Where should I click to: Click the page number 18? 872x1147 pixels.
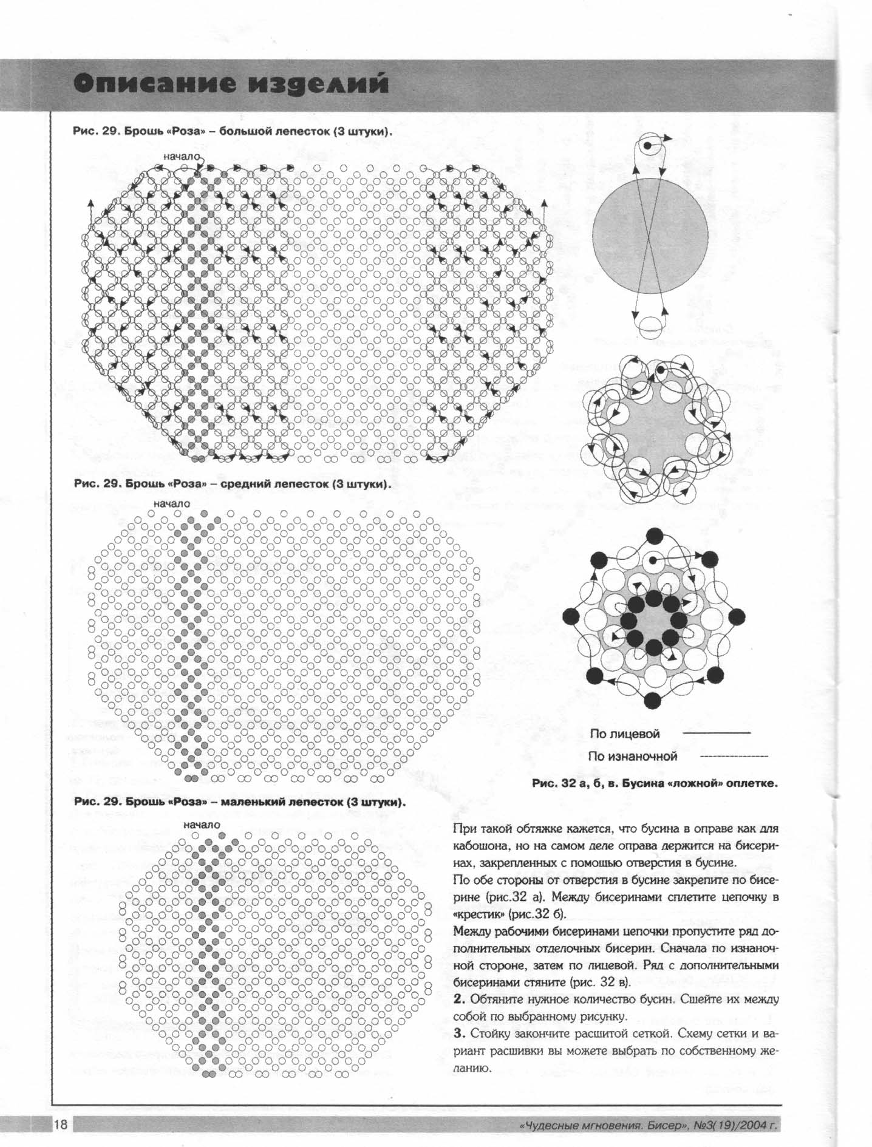click(x=61, y=1124)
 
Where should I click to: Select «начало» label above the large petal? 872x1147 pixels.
click(x=181, y=156)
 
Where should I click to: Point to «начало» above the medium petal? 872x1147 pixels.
click(x=171, y=503)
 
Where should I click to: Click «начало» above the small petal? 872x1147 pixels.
click(x=202, y=825)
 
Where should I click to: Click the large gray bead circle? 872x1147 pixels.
click(x=650, y=236)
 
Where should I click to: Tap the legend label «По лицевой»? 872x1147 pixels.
click(x=624, y=733)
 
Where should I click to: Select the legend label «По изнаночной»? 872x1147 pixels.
click(x=632, y=757)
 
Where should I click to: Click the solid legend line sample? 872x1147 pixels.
click(x=717, y=733)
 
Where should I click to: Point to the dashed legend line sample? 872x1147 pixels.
click(x=734, y=757)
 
